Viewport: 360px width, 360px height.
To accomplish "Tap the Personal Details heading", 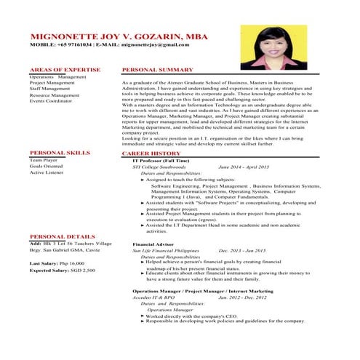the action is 63,237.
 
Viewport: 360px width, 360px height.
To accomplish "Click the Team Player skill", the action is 44,159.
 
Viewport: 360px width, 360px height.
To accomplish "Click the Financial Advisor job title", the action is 154,244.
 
